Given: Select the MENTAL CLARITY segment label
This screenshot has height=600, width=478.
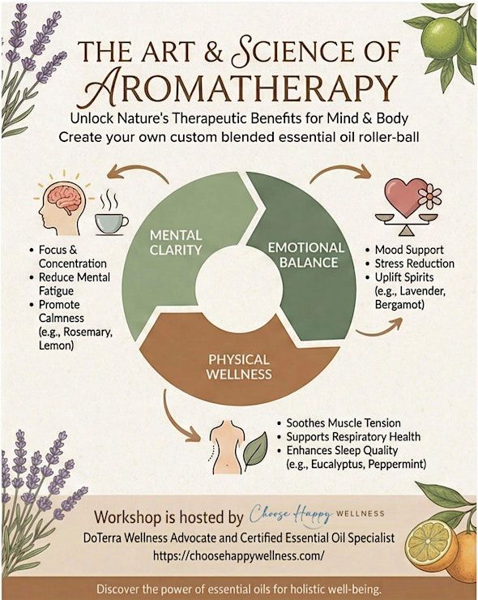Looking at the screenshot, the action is click(x=176, y=242).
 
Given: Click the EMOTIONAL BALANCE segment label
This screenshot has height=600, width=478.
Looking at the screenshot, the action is click(x=306, y=255).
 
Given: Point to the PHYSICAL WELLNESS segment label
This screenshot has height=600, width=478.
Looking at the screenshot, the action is click(x=239, y=366).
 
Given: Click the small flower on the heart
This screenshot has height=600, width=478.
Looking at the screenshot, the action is click(x=429, y=196).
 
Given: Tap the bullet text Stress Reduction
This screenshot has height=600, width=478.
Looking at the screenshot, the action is click(x=415, y=264).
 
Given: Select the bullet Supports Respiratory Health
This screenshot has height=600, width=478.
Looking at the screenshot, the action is click(x=353, y=436).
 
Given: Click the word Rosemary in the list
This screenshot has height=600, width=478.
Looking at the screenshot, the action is click(x=87, y=332).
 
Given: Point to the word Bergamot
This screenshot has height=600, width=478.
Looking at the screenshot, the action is click(x=399, y=305).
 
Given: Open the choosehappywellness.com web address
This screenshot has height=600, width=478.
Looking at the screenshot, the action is click(x=239, y=555).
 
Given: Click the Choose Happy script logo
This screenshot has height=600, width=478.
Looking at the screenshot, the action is click(x=291, y=513).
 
